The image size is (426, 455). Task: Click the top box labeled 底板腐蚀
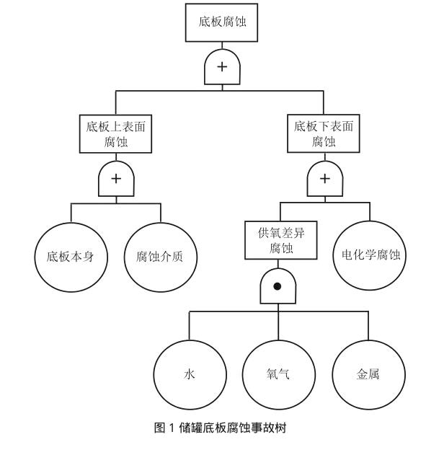click(221, 22)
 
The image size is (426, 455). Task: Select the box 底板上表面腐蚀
click(116, 134)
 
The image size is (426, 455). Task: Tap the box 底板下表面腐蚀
click(324, 133)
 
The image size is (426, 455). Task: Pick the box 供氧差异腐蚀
click(280, 240)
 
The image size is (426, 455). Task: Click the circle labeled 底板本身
click(71, 257)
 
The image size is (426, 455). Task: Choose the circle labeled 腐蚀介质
click(161, 257)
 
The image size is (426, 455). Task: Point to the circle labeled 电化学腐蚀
click(370, 255)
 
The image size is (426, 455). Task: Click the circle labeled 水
click(190, 375)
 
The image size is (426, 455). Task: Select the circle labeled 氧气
click(279, 375)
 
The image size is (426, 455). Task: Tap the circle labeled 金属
click(368, 375)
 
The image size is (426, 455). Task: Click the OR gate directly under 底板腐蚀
click(222, 67)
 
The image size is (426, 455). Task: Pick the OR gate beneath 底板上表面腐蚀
click(116, 179)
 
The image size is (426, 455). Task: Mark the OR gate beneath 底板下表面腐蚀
click(325, 179)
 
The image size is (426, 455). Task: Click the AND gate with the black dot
click(278, 286)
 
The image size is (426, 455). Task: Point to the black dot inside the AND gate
click(278, 286)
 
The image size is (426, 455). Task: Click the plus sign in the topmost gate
click(222, 67)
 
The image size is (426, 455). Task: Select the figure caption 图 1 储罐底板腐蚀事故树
click(221, 428)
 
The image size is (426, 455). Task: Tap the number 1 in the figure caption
click(172, 428)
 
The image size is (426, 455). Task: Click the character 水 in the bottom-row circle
click(190, 374)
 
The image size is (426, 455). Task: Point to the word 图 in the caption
click(160, 428)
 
